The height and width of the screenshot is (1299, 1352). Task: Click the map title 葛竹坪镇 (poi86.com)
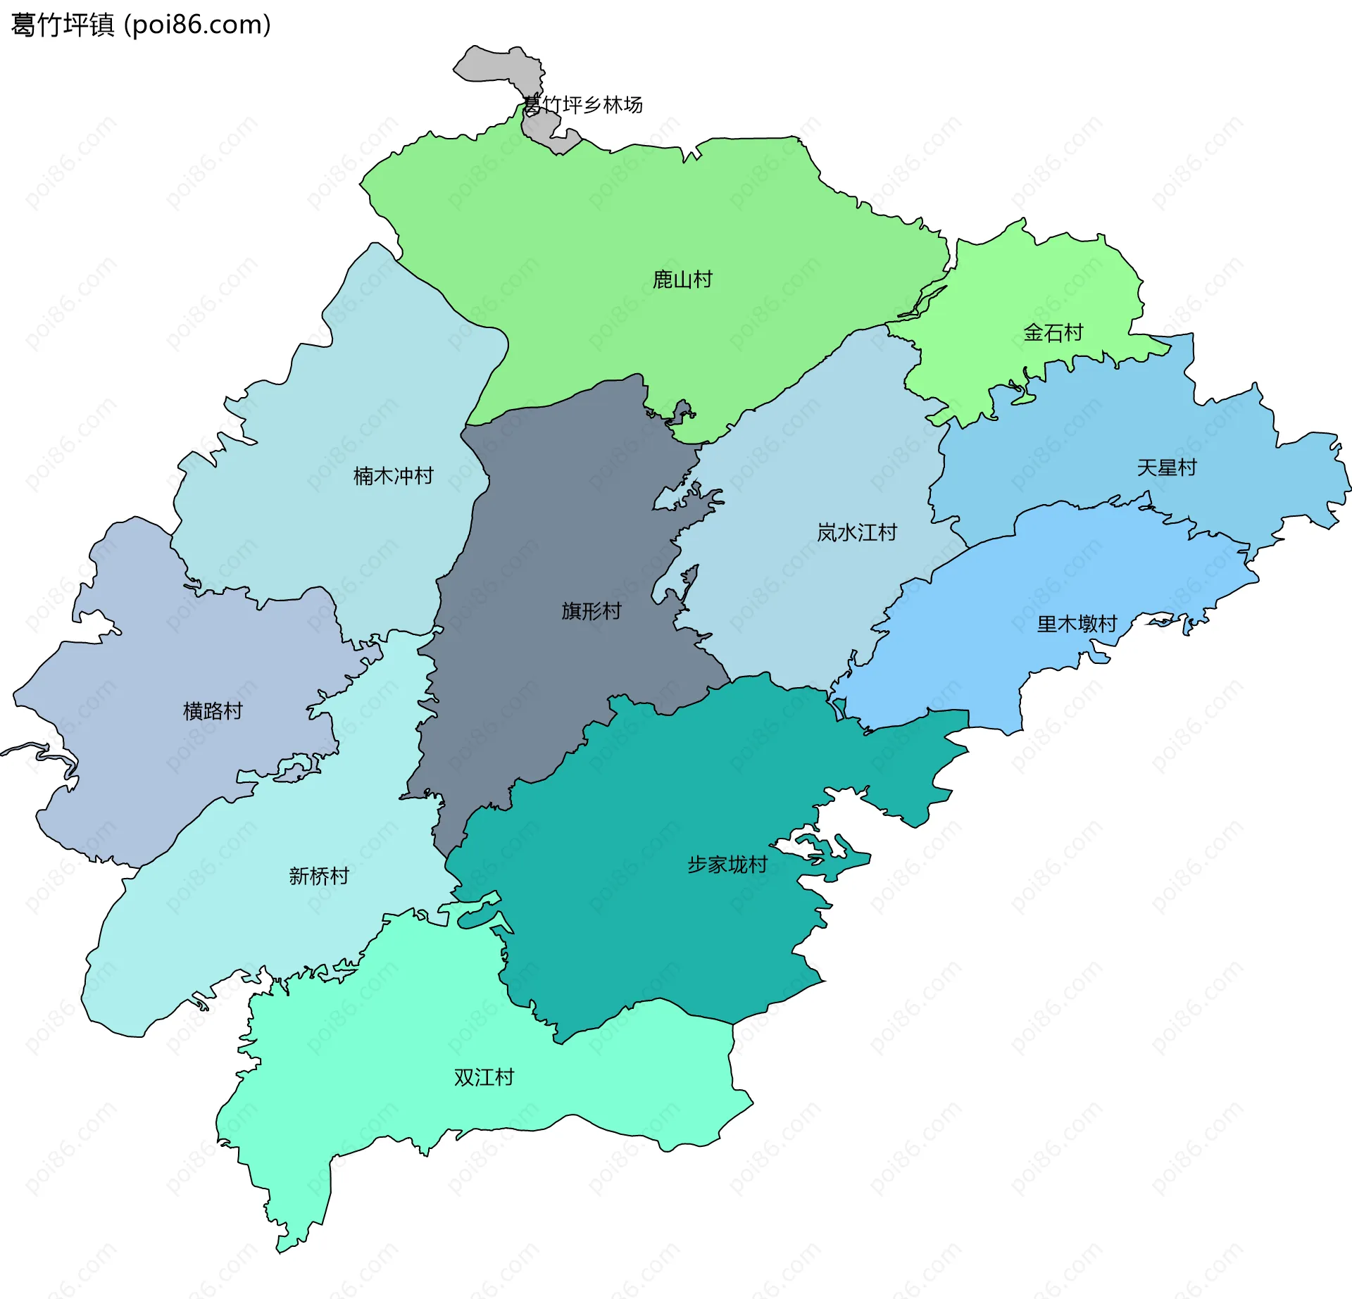(x=141, y=25)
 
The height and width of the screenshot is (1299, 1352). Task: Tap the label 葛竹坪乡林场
(x=582, y=105)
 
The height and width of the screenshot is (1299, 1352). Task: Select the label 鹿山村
(x=682, y=280)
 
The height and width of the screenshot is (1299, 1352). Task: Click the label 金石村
(x=1053, y=332)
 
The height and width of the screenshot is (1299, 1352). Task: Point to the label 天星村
(x=1166, y=467)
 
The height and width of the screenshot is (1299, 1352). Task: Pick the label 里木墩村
(x=1077, y=624)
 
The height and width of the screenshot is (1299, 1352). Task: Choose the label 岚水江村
(x=856, y=532)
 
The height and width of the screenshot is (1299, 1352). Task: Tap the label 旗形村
(x=591, y=610)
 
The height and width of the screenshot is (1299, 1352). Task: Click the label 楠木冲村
(x=393, y=476)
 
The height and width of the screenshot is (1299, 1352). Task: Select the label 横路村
(x=213, y=711)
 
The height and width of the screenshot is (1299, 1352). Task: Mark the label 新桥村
(x=319, y=876)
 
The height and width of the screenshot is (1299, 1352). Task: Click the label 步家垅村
(x=727, y=865)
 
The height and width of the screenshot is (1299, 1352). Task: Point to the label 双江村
(x=484, y=1077)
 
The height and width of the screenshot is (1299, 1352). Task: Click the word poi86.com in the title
(x=197, y=25)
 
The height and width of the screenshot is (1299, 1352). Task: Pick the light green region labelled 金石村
(x=1021, y=282)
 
